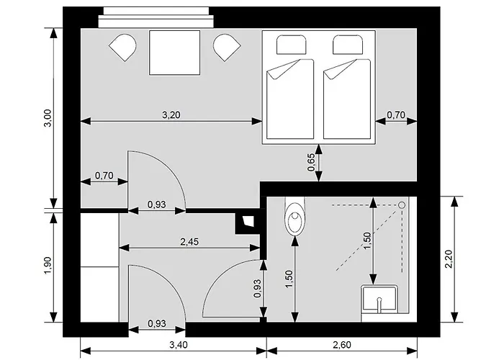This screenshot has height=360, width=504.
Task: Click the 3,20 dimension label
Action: (x=171, y=114)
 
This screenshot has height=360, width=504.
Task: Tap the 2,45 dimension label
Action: (x=189, y=241)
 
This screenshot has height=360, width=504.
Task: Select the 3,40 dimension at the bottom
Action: (x=179, y=345)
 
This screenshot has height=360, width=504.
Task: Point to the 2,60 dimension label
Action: (x=342, y=345)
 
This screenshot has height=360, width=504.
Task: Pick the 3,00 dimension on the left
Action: (x=48, y=118)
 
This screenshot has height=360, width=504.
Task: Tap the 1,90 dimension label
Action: (x=48, y=266)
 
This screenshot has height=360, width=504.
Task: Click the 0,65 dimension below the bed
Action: (x=311, y=163)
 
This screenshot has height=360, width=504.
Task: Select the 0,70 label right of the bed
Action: (x=396, y=114)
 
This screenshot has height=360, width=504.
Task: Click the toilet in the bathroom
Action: (x=294, y=216)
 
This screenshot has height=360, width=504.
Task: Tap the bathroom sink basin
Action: (x=379, y=299)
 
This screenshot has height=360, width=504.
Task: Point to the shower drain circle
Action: (x=402, y=204)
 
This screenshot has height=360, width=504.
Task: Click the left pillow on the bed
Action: (x=292, y=45)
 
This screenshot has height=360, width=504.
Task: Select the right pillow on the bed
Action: (x=348, y=45)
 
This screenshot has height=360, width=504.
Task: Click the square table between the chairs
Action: (x=174, y=53)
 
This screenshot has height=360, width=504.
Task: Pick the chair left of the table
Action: (x=123, y=48)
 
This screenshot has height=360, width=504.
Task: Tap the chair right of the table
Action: (x=227, y=48)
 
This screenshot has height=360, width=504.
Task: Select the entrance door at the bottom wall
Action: (x=157, y=293)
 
